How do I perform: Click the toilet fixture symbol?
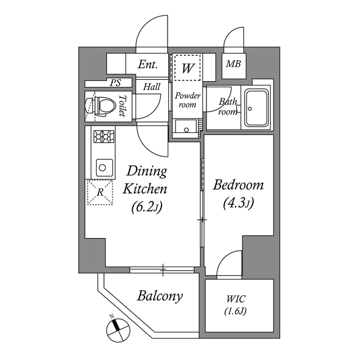(99, 105)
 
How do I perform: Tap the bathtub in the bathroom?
(258, 108)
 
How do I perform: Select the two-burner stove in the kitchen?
(103, 136)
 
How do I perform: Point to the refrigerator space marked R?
(100, 192)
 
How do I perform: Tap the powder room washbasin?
(186, 128)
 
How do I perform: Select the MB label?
(233, 64)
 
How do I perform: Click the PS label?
(115, 83)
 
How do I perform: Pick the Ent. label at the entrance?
(147, 65)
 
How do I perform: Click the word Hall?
(151, 87)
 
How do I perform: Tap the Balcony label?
(160, 296)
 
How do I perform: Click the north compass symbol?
(116, 327)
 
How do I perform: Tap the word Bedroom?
(238, 185)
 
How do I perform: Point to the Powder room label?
(187, 100)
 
